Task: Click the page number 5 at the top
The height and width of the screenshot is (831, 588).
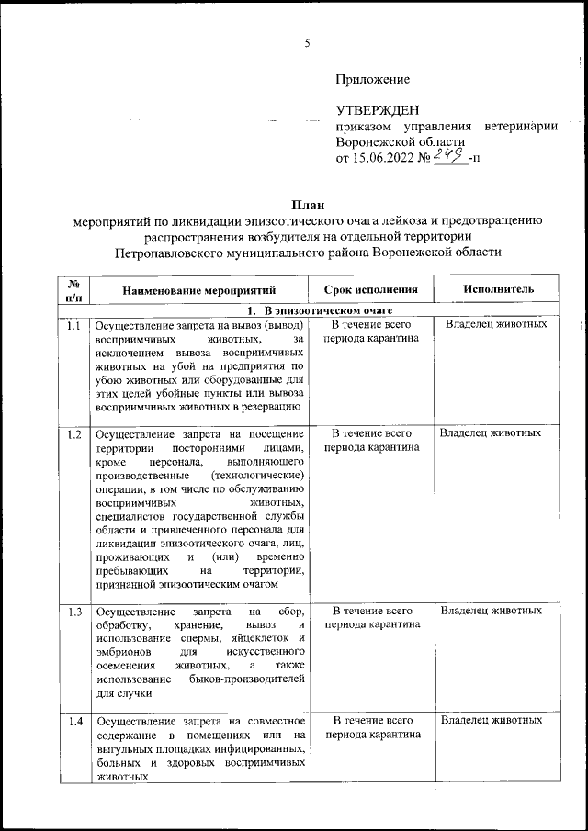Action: coord(308,43)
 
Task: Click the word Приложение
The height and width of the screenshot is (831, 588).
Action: coord(372,81)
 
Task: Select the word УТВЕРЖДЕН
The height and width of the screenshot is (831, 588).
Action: coord(380,111)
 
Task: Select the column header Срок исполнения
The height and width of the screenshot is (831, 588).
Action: coord(371,290)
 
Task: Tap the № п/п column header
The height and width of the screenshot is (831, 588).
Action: coord(73,290)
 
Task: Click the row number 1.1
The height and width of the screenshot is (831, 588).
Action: coord(73,326)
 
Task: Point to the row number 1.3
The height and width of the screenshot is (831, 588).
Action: coord(73,612)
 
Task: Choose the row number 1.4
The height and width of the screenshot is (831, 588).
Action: coord(73,721)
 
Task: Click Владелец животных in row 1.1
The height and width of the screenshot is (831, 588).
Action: coord(496,325)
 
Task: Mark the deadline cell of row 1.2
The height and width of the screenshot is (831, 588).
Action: coord(371,440)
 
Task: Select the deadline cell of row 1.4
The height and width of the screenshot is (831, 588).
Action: coord(371,727)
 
